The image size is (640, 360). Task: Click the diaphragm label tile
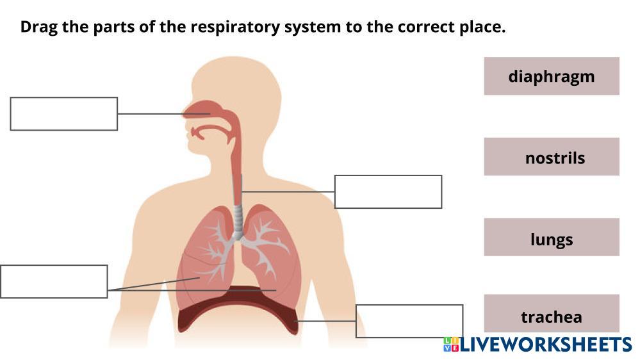click(x=551, y=76)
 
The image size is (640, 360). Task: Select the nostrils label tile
click(x=551, y=157)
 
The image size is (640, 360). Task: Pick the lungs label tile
click(x=551, y=239)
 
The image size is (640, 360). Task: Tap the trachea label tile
click(x=551, y=316)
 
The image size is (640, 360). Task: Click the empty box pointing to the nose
click(x=63, y=113)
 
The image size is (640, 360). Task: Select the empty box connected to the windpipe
click(x=388, y=192)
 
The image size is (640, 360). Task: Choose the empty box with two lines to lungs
click(x=54, y=281)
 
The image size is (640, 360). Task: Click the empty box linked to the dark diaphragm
click(x=409, y=321)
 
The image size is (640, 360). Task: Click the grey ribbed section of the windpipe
click(x=238, y=222)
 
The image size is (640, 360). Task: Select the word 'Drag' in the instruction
click(x=37, y=28)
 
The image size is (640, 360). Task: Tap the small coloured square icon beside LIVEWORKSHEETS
click(x=450, y=345)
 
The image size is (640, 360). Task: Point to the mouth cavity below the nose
click(x=211, y=133)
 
